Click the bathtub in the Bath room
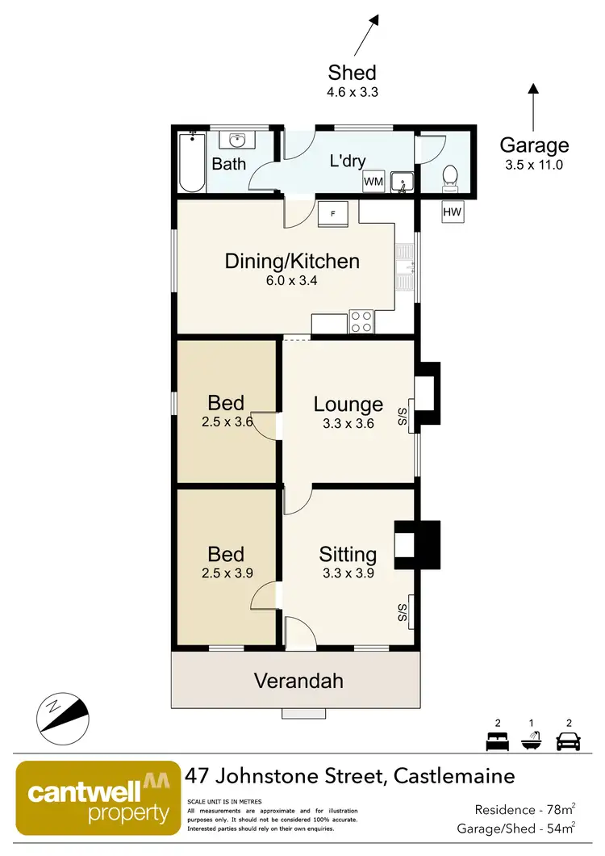[191, 162]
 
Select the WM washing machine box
[373, 181]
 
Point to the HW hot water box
[453, 212]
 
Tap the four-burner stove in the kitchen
[361, 321]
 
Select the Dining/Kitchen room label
[291, 261]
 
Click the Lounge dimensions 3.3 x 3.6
[348, 423]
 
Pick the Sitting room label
[348, 555]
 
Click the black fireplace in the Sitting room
[418, 545]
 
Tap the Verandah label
[298, 681]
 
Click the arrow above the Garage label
[532, 103]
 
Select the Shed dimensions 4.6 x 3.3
[353, 92]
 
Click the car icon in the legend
[569, 740]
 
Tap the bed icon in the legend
[497, 740]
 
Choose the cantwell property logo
[98, 797]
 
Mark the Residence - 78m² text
[524, 809]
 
